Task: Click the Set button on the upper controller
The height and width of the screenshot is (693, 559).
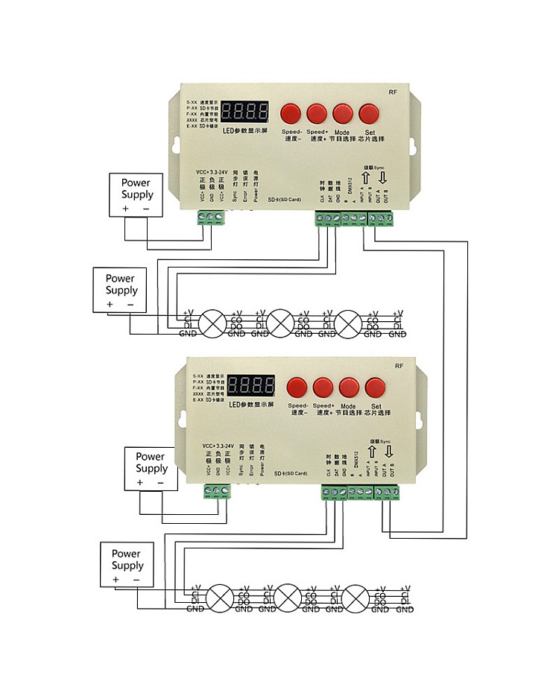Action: (369, 113)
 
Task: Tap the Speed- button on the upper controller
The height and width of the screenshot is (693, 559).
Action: (290, 113)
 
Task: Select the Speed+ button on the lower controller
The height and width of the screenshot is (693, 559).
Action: (323, 387)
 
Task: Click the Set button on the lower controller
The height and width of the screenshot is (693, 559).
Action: (375, 387)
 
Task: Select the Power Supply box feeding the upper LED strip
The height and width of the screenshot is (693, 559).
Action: (121, 290)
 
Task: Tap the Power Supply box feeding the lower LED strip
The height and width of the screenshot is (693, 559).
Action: (127, 565)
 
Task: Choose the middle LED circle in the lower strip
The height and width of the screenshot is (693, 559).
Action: (288, 598)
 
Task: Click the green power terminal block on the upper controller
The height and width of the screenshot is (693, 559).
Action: (209, 217)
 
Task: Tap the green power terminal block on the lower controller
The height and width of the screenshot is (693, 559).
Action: (216, 491)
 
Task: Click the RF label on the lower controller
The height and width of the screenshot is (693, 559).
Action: (399, 366)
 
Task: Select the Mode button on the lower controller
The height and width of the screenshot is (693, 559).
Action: (350, 387)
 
